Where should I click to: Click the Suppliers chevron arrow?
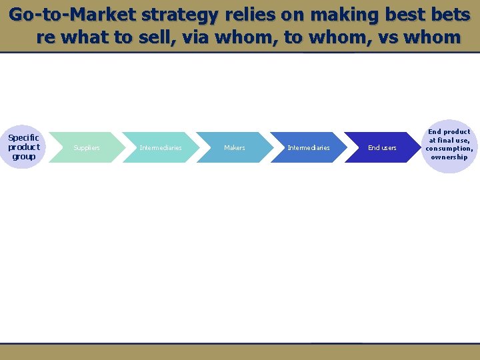pyautogui.click(x=87, y=147)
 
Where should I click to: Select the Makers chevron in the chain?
pyautogui.click(x=235, y=147)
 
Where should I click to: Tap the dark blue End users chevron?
pyautogui.click(x=382, y=147)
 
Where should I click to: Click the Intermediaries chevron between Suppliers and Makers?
pyautogui.click(x=161, y=147)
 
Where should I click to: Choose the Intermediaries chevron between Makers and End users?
pyautogui.click(x=308, y=147)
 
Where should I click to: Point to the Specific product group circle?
pyautogui.click(x=24, y=147)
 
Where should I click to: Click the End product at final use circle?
pyautogui.click(x=449, y=145)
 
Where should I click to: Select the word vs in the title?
pyautogui.click(x=375, y=37)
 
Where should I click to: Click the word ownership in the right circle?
pyautogui.click(x=449, y=157)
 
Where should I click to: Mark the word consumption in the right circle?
pyautogui.click(x=449, y=149)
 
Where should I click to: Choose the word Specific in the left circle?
pyautogui.click(x=23, y=138)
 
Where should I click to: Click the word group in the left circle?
pyautogui.click(x=23, y=156)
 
